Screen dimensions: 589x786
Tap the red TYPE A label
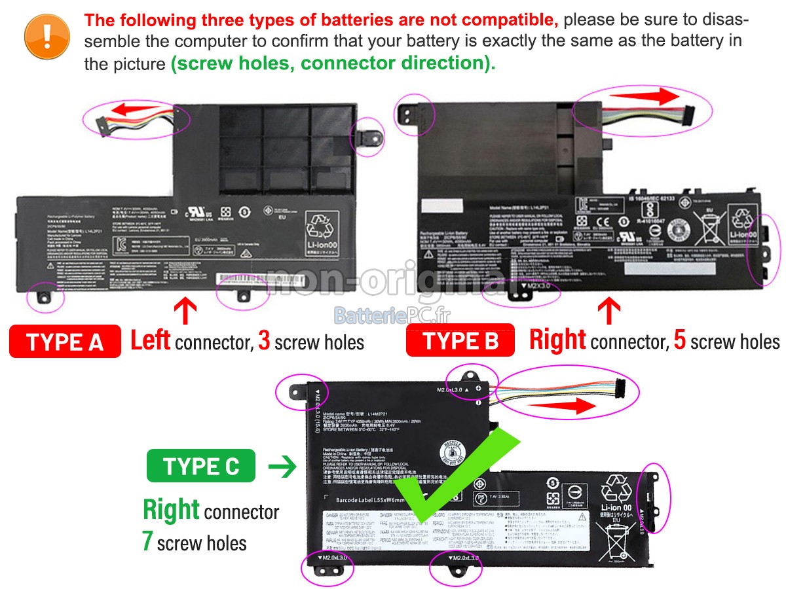pyautogui.click(x=65, y=342)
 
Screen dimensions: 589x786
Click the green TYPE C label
pyautogui.click(x=201, y=466)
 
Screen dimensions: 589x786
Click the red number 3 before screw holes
pyautogui.click(x=264, y=341)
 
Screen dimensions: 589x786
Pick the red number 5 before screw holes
pyautogui.click(x=680, y=341)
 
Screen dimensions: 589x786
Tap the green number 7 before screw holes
pyautogui.click(x=148, y=543)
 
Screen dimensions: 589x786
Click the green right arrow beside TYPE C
pyautogui.click(x=282, y=467)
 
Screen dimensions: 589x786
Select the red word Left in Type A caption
pyautogui.click(x=150, y=341)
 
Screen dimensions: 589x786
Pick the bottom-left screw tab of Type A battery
pyautogui.click(x=44, y=295)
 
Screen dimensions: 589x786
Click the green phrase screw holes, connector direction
pyautogui.click(x=333, y=63)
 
